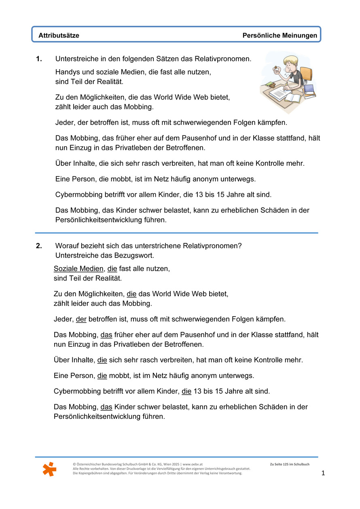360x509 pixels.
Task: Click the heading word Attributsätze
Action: click(x=59, y=36)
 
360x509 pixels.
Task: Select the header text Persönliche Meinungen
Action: click(x=280, y=36)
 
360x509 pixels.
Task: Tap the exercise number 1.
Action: click(x=39, y=59)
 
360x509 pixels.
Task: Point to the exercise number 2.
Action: click(x=39, y=246)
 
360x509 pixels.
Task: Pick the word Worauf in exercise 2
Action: click(x=68, y=246)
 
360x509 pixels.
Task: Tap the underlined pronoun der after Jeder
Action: click(x=81, y=319)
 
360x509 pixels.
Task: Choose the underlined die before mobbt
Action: click(x=102, y=376)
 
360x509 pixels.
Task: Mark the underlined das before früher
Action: click(x=106, y=335)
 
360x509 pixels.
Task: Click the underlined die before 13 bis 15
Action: click(x=186, y=391)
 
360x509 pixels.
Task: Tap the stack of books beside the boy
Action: click(x=309, y=91)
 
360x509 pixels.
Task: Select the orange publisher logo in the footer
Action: click(x=49, y=469)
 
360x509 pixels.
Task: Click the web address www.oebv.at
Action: click(x=193, y=465)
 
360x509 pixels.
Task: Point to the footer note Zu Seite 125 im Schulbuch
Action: click(x=289, y=465)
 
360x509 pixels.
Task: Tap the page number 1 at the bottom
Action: click(x=323, y=473)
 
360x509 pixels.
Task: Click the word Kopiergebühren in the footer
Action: click(x=93, y=473)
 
